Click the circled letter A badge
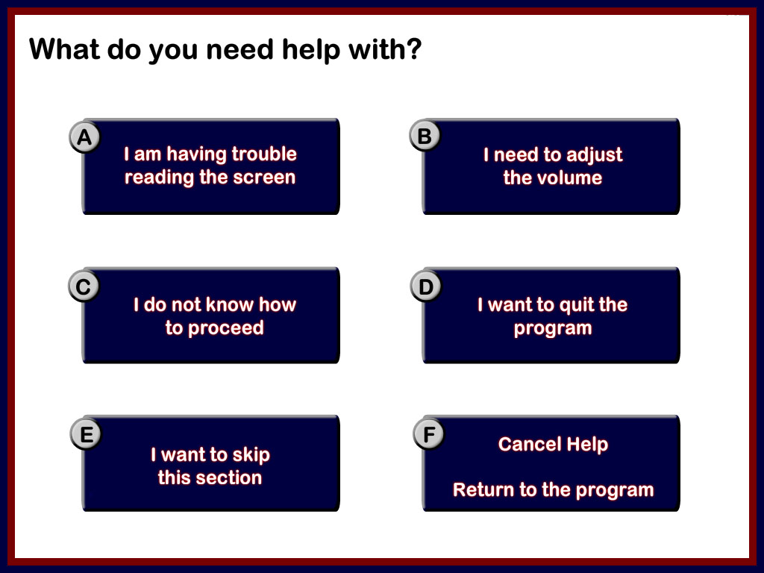[x=85, y=137]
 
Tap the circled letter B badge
[x=425, y=136]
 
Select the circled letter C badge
[x=84, y=286]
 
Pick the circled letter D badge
[x=426, y=286]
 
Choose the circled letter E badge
[x=87, y=433]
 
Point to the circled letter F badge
[x=429, y=433]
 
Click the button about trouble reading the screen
[x=210, y=166]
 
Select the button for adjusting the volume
[x=551, y=166]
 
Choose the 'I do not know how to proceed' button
[x=210, y=316]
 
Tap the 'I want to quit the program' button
[x=551, y=316]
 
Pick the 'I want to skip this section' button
[x=210, y=463]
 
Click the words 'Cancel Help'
[x=553, y=445]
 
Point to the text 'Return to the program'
[x=553, y=490]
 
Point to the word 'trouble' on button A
[x=264, y=154]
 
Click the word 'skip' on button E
[x=251, y=456]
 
